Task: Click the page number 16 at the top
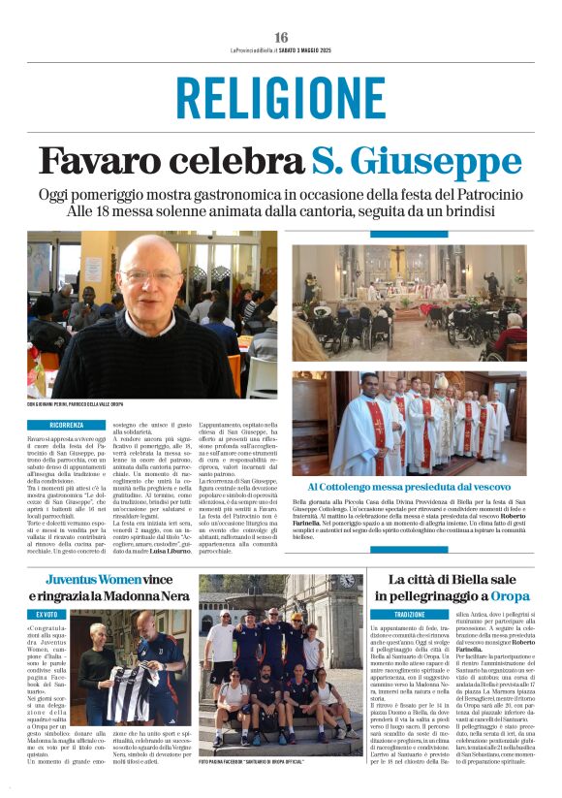click(x=281, y=36)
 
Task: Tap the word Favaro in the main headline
click(x=100, y=161)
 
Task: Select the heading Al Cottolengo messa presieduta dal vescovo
click(x=409, y=486)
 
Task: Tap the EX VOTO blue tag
click(x=47, y=615)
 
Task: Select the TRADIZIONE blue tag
click(x=410, y=615)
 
